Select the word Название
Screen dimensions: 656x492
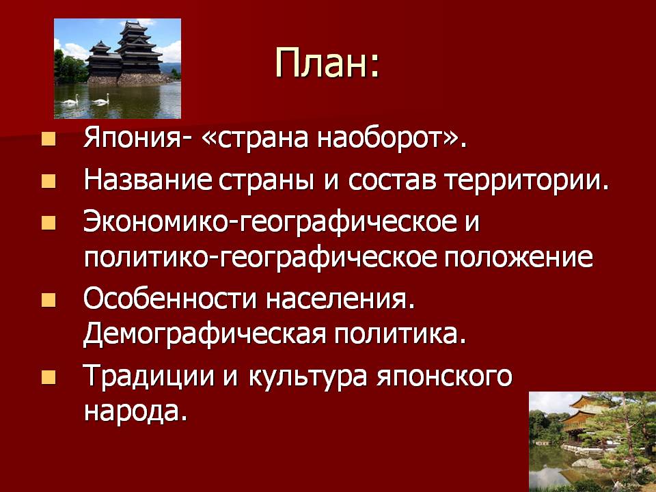coord(148,180)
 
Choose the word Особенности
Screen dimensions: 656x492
coord(169,299)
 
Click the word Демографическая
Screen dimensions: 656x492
coord(204,335)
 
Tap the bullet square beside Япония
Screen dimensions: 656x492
coord(49,139)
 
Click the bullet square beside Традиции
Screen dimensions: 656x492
coord(49,377)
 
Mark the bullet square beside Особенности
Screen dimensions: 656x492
coord(49,300)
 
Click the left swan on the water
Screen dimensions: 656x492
coord(70,100)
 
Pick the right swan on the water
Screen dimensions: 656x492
coord(101,99)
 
